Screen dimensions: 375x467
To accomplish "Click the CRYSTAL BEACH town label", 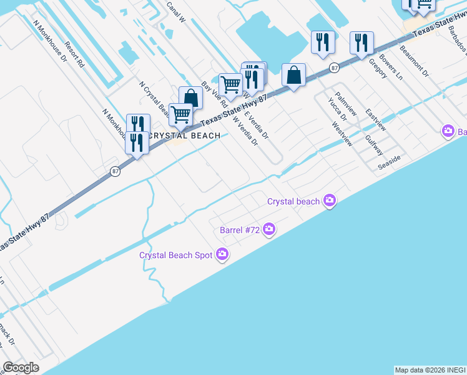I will [x=185, y=136].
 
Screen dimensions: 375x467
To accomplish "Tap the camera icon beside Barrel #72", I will [x=269, y=230].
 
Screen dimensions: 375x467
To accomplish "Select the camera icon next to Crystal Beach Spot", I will [x=222, y=254].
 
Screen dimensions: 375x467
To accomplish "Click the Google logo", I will [x=21, y=367].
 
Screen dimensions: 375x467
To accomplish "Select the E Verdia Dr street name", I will [x=256, y=126].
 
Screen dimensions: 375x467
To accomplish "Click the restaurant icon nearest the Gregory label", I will [x=361, y=43].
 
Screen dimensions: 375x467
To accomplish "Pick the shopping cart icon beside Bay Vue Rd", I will [x=230, y=84].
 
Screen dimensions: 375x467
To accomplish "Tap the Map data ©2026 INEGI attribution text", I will [x=430, y=370].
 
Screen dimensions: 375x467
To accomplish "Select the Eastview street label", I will [x=376, y=120].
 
